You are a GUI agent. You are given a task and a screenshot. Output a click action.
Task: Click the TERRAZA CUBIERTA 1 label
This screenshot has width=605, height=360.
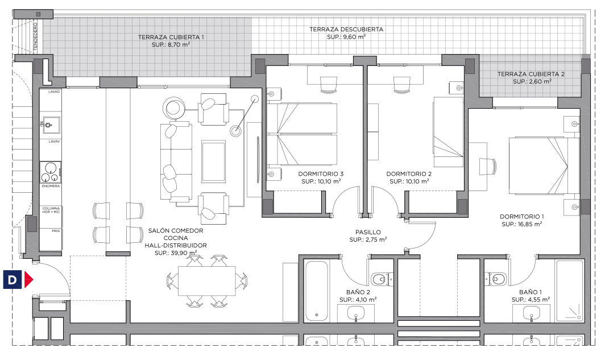[171, 38]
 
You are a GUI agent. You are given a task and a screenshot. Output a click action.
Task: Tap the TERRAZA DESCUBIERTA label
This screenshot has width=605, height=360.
[346, 30]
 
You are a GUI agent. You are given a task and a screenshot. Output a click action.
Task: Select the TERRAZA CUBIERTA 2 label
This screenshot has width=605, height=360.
[531, 74]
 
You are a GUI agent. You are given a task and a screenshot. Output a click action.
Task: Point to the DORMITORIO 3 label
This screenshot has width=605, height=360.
[321, 174]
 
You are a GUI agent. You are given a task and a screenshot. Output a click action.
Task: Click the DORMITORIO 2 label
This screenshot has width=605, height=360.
[409, 174]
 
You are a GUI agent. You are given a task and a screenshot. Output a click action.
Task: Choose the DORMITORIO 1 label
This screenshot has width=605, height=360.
[521, 217]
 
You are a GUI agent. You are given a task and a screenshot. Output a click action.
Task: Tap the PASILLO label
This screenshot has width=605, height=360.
[368, 232]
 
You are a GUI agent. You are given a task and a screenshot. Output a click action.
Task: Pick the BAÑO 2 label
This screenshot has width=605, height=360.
[358, 292]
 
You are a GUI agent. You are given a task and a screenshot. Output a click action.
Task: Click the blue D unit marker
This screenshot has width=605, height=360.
[13, 280]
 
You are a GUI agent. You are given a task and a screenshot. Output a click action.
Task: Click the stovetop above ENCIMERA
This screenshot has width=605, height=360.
[51, 172]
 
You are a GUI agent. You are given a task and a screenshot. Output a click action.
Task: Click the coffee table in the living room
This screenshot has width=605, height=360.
[213, 162]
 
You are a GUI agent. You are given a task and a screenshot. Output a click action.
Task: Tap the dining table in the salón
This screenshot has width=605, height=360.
[207, 280]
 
